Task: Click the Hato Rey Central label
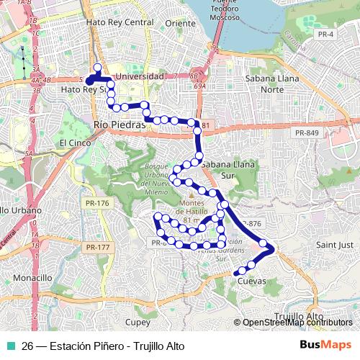click(x=120, y=22)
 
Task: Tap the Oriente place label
click(x=180, y=22)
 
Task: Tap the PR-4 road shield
click(x=325, y=34)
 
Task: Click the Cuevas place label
click(x=252, y=281)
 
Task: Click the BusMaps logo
click(x=325, y=344)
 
